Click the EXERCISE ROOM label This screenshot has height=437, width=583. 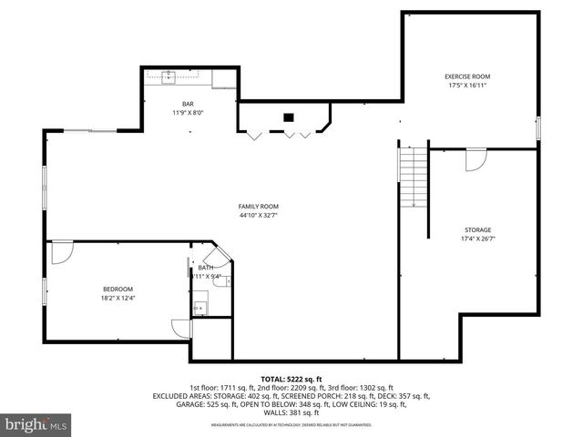click(x=467, y=76)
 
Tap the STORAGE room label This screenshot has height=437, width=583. click(x=477, y=230)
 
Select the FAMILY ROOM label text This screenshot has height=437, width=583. click(x=259, y=207)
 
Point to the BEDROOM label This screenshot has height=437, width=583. click(x=118, y=289)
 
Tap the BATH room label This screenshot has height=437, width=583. click(x=206, y=268)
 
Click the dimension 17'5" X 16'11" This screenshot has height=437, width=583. click(x=467, y=86)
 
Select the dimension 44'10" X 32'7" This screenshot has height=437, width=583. click(x=259, y=217)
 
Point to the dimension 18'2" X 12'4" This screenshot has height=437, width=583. click(x=118, y=298)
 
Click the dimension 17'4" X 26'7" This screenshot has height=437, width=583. click(x=477, y=239)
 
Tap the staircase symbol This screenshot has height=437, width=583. click(x=413, y=177)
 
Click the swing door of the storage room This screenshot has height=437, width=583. click(x=476, y=159)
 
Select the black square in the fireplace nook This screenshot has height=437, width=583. click(x=289, y=117)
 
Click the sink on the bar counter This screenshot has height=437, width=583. click(x=169, y=76)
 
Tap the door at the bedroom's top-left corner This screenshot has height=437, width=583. click(x=61, y=252)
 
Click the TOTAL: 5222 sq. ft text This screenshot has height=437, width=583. click(x=291, y=379)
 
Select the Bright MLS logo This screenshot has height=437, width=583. click(x=36, y=424)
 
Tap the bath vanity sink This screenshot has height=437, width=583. click(x=199, y=308)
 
